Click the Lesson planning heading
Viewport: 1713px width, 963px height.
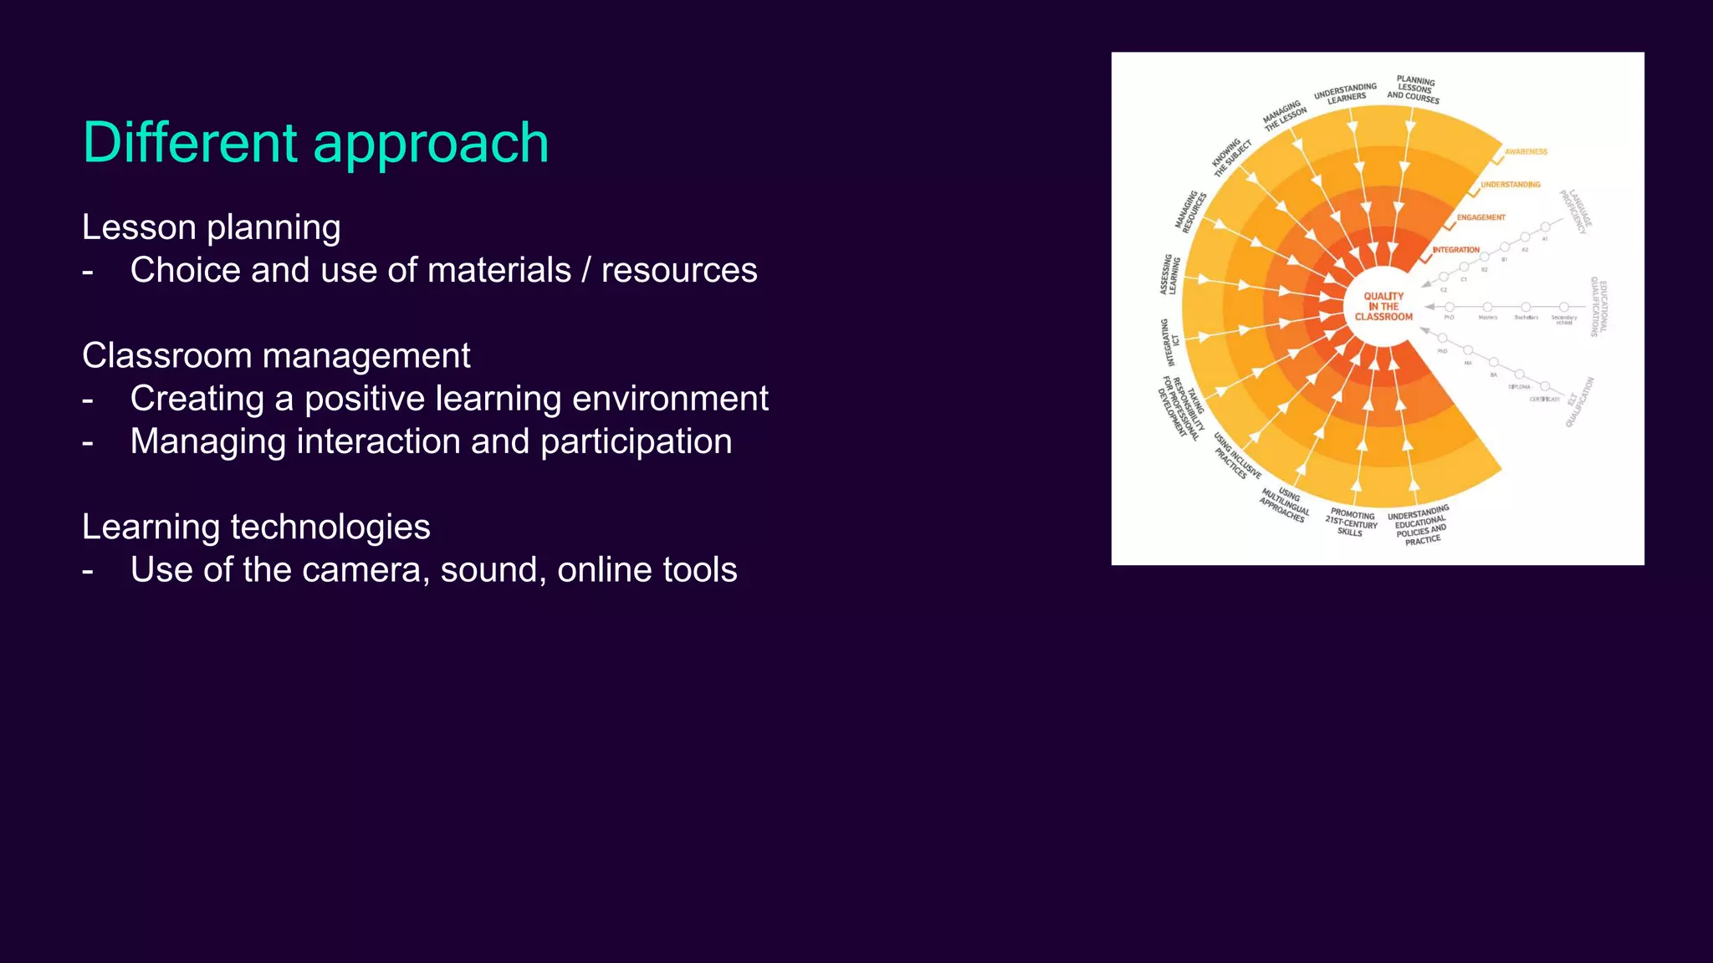tap(211, 227)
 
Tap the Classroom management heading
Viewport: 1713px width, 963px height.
tap(276, 356)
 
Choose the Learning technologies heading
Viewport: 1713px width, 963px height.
tap(256, 527)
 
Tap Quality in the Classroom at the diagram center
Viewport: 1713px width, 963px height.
tap(1383, 307)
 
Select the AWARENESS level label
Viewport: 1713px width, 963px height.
tap(1526, 152)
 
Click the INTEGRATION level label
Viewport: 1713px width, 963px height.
tap(1455, 250)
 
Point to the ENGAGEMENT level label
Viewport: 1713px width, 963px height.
tap(1480, 217)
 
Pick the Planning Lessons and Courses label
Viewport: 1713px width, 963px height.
tap(1414, 89)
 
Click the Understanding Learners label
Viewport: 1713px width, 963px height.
tap(1345, 93)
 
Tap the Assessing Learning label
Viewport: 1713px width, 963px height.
tap(1170, 275)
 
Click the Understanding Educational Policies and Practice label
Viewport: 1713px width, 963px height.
tap(1419, 526)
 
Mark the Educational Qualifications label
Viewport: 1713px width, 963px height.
tap(1598, 307)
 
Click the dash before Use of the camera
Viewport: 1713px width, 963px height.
tap(88, 571)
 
